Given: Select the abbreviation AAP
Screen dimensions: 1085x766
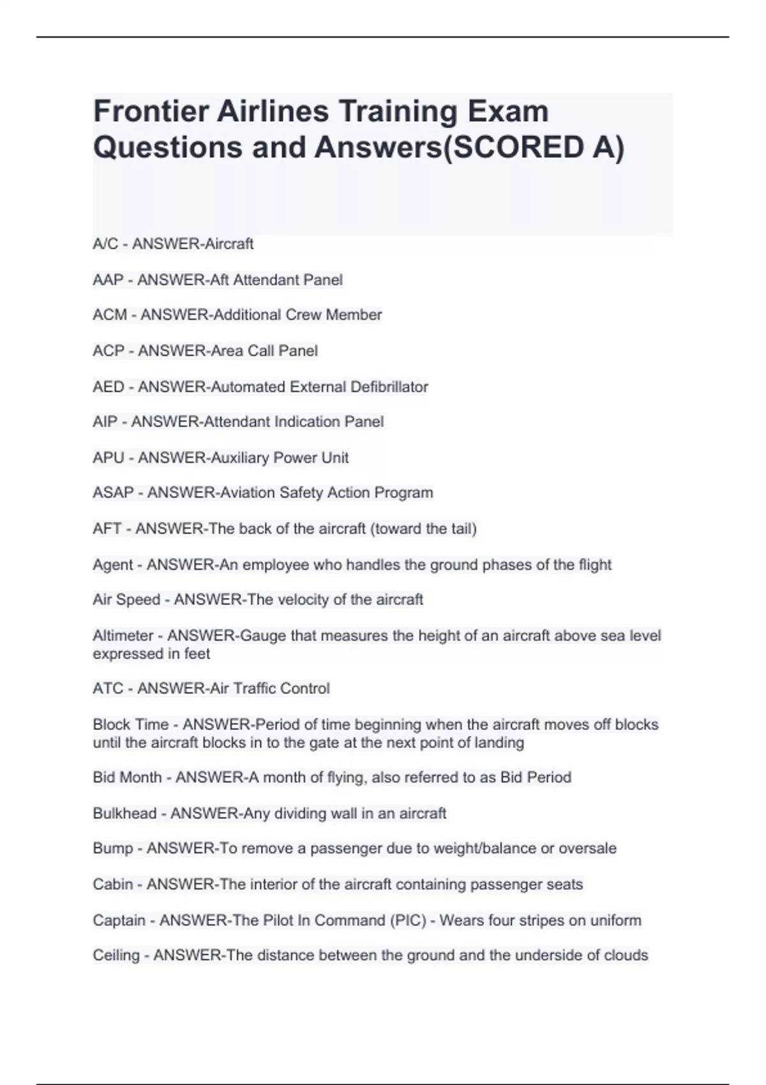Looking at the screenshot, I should pos(108,280).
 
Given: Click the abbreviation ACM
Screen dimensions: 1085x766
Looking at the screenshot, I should pos(110,315).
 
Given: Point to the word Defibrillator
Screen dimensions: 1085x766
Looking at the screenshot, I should pos(389,387).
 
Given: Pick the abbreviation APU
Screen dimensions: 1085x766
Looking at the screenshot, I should pos(109,458).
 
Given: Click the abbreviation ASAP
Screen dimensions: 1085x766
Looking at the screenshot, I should pos(113,493).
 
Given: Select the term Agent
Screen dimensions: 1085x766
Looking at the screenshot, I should pos(113,565).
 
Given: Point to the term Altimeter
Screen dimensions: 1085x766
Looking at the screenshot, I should pos(123,636).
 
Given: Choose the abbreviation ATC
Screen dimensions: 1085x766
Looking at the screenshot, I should pos(108,689).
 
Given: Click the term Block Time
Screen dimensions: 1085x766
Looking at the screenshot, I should pos(131,725).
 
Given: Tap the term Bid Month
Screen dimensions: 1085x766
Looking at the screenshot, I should pos(127,777).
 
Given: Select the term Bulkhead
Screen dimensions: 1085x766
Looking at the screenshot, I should pos(124,814).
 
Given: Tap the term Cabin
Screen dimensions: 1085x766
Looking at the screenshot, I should pos(113,885).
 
